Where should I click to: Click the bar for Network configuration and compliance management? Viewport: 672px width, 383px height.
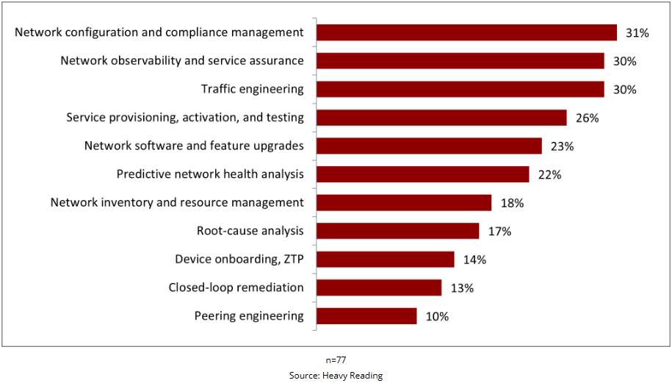[466, 32]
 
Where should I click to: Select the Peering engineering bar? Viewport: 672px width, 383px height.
[366, 316]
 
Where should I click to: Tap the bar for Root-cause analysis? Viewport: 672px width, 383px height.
[397, 231]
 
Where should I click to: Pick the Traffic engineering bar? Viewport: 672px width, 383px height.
[460, 89]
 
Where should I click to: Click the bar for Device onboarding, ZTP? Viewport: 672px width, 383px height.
[385, 259]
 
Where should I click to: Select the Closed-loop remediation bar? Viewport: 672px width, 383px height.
[379, 287]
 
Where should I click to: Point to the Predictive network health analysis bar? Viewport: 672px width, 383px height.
[422, 174]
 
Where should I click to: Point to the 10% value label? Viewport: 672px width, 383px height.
[437, 317]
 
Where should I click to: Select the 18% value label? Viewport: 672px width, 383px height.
[512, 203]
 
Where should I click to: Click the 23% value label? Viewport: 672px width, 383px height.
[562, 146]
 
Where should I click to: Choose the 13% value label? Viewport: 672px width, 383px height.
[462, 288]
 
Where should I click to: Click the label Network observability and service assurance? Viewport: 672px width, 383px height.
[182, 60]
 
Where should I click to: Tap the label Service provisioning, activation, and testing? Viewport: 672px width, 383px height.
[185, 117]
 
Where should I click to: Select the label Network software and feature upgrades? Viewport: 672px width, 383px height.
[194, 146]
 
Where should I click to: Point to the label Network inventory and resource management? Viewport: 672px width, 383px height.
[177, 202]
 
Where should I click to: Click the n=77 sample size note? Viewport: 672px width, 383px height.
[336, 360]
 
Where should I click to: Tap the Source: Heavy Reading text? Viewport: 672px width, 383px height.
[336, 375]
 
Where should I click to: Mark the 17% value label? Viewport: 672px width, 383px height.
[499, 232]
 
